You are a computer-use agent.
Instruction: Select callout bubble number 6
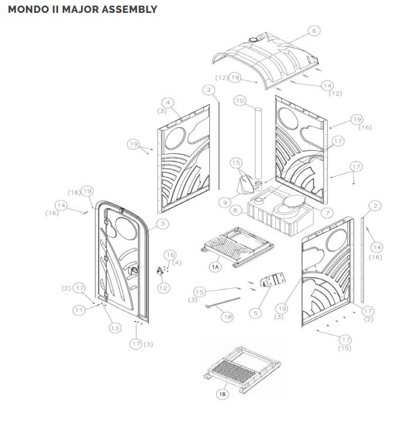[313, 30]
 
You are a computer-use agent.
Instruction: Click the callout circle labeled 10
[240, 101]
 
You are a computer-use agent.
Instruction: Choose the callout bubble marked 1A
[216, 266]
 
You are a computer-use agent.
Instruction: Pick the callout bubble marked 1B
[222, 395]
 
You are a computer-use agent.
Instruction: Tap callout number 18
[227, 316]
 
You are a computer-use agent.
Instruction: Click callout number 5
[255, 313]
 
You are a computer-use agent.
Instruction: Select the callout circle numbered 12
[163, 288]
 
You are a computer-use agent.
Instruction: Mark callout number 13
[115, 328]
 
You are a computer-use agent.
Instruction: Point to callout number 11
[80, 311]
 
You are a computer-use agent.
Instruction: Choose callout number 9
[224, 202]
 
